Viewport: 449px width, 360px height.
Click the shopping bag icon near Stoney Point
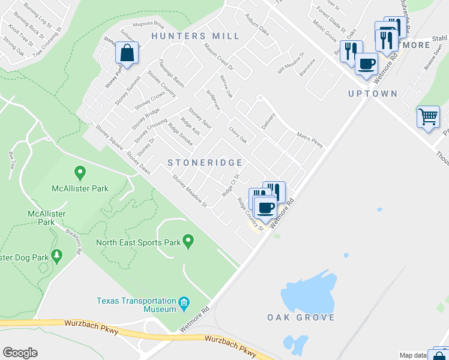(x=128, y=53)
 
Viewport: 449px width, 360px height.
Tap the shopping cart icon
(x=428, y=116)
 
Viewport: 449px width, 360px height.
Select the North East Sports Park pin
(x=188, y=242)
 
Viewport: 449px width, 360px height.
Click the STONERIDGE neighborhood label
(x=205, y=163)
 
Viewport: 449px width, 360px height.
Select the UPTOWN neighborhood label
(x=373, y=94)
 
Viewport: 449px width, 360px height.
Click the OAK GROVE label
(x=301, y=317)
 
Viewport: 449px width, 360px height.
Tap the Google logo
(x=20, y=353)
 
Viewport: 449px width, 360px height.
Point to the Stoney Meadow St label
(x=190, y=191)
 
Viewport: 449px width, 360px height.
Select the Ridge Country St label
(x=250, y=214)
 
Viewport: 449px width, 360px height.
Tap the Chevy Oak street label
(x=238, y=134)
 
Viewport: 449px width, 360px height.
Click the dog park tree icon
(x=57, y=256)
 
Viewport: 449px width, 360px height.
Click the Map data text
(x=413, y=355)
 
